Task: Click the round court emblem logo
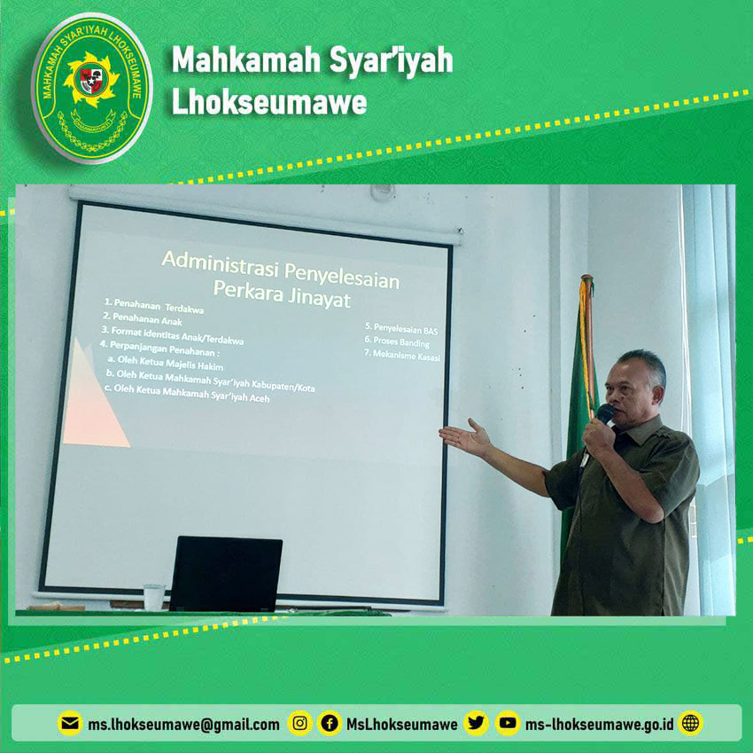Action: pos(92,88)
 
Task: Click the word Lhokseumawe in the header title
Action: pos(269,102)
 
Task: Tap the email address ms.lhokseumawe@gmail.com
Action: pos(183,724)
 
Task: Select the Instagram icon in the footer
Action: pos(300,723)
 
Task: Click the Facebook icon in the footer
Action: pos(330,723)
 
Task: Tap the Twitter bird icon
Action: pos(476,723)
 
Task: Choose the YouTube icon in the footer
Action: pos(508,723)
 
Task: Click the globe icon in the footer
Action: pos(691,723)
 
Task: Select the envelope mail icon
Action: pos(70,723)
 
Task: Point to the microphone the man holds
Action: pos(604,413)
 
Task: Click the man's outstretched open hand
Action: pos(465,436)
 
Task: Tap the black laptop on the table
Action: pos(225,574)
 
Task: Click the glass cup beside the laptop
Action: pos(153,597)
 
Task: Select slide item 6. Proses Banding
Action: pos(397,341)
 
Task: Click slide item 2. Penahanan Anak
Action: pos(143,318)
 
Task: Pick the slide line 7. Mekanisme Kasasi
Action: pos(402,355)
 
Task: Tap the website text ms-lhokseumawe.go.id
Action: pos(599,724)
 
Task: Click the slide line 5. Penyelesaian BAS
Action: pos(401,329)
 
